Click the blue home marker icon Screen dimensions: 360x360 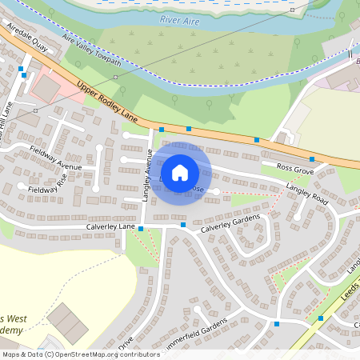coord(180,172)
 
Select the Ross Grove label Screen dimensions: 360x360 coord(294,169)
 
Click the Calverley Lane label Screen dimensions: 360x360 coord(110,227)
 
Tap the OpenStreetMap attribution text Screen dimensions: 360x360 coord(80,354)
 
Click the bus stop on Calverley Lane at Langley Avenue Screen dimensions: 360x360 coord(141,230)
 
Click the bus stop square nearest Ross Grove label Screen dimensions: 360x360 coord(312,159)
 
